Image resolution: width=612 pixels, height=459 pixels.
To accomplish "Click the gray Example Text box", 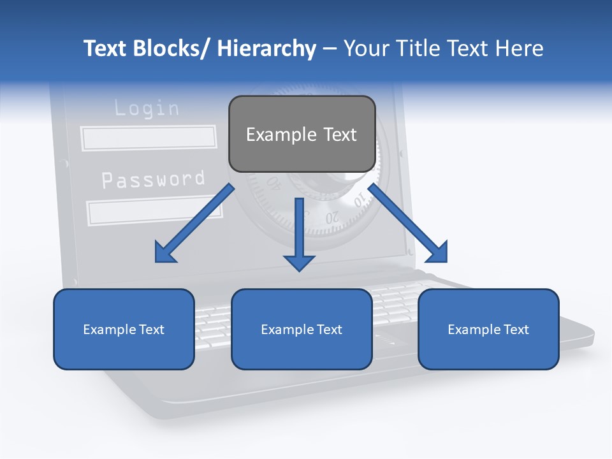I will (x=302, y=134).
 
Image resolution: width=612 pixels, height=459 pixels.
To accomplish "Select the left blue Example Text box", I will (x=124, y=329).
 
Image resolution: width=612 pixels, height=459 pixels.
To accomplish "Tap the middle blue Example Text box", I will (x=302, y=329).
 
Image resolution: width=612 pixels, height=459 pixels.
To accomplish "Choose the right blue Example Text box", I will (x=488, y=329).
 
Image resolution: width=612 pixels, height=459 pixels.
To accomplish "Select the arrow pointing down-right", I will (x=409, y=224).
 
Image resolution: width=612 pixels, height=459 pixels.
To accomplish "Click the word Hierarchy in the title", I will (x=266, y=48).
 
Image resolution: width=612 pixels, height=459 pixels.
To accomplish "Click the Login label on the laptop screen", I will (x=147, y=108).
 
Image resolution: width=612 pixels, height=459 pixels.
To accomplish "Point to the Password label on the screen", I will (x=153, y=179).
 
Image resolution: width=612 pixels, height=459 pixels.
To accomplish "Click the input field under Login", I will (x=149, y=138).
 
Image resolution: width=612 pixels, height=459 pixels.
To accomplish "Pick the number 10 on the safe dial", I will (x=358, y=203).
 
